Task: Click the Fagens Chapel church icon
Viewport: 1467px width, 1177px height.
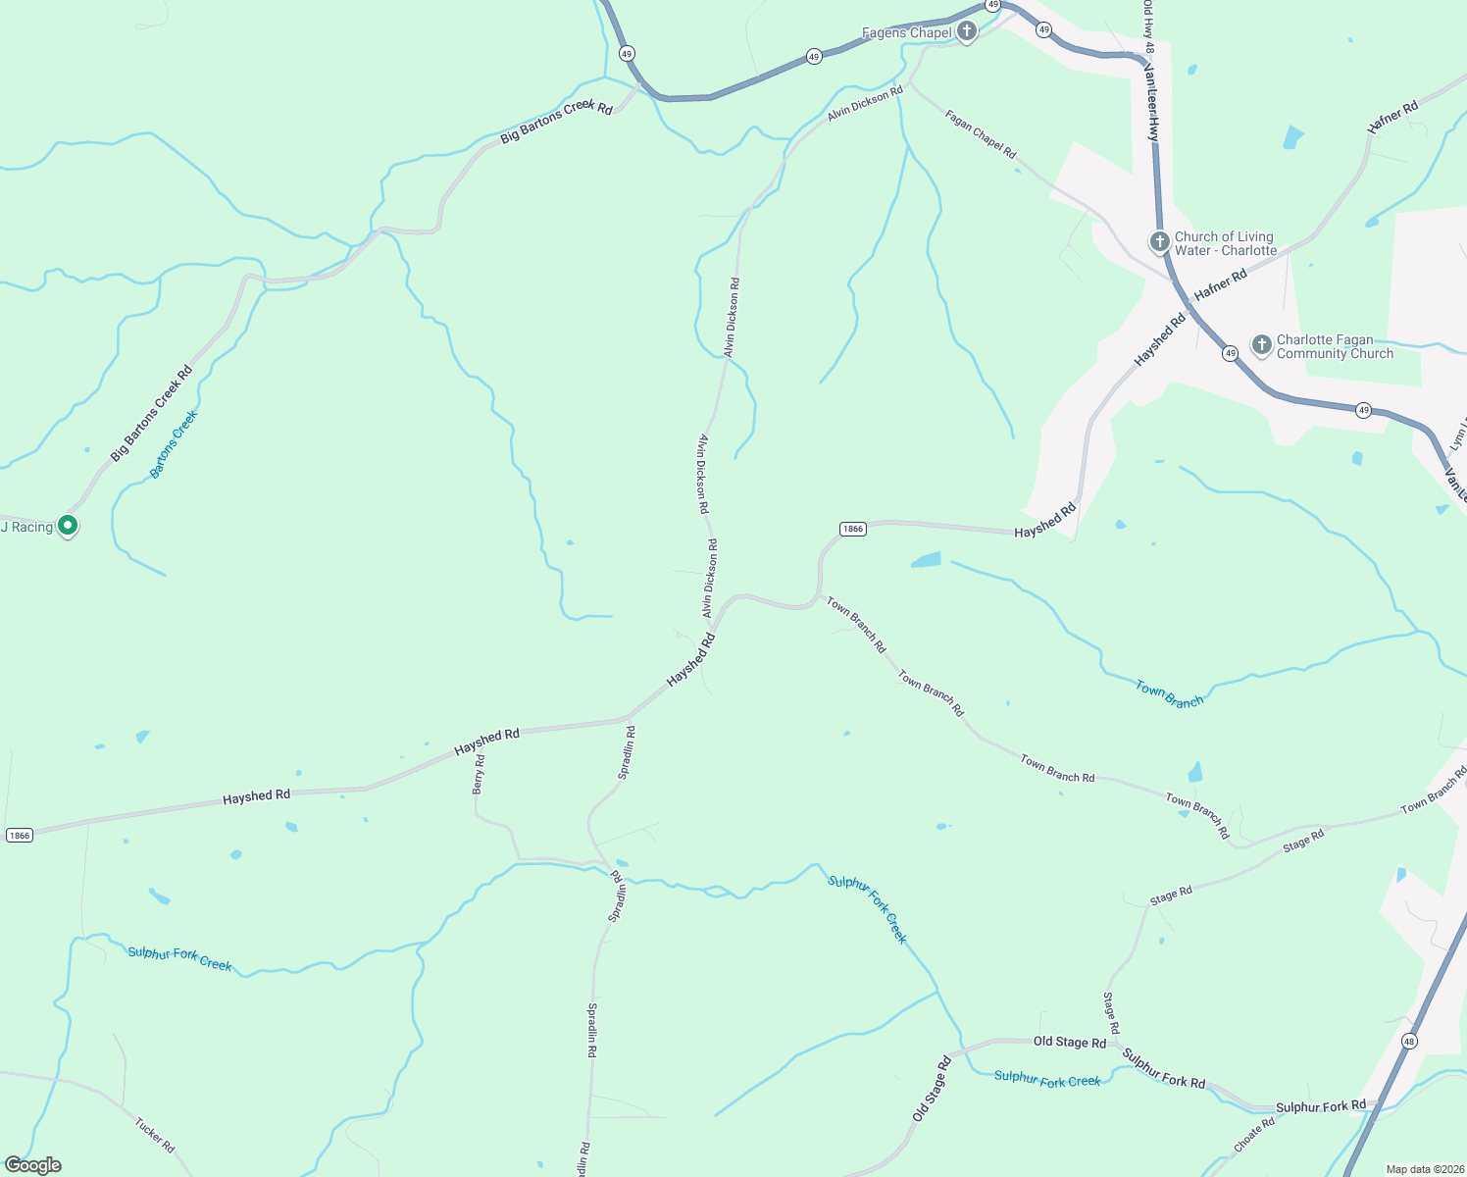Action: click(x=967, y=32)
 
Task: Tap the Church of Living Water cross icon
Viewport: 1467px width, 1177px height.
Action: click(x=1159, y=242)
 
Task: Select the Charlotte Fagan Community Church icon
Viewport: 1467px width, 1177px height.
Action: click(x=1262, y=345)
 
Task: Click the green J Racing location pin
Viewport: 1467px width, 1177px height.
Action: click(x=68, y=527)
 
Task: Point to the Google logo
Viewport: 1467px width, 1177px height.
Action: click(x=33, y=1165)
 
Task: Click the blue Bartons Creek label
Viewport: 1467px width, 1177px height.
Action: click(x=174, y=443)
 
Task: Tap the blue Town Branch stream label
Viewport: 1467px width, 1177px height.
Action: click(x=1169, y=694)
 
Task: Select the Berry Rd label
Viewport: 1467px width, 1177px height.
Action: click(x=479, y=774)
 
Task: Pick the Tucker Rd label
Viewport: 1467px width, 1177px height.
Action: click(x=155, y=1135)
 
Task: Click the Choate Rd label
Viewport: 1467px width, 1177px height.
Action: click(x=1254, y=1134)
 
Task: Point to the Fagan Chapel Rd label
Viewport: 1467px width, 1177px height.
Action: click(x=981, y=133)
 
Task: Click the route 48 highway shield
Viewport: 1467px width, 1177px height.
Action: click(x=1409, y=1041)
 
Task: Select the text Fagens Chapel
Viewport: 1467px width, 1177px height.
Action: click(x=906, y=33)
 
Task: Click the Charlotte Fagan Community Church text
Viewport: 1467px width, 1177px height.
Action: click(x=1335, y=347)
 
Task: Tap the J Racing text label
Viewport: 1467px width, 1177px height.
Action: click(x=27, y=528)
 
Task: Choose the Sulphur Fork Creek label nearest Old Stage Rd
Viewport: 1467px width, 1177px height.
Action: click(x=1047, y=1079)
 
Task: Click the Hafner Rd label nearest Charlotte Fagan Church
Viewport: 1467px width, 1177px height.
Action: click(x=1220, y=283)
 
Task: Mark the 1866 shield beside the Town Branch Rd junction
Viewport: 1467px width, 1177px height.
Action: click(x=852, y=529)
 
